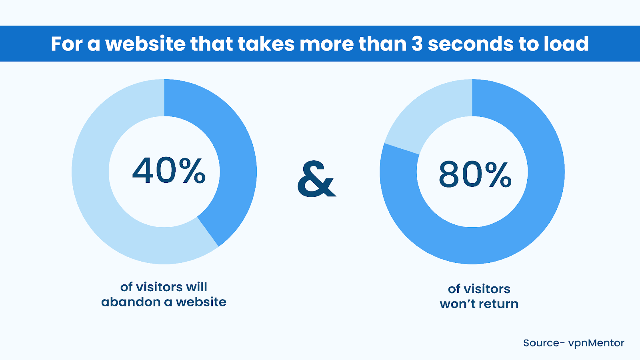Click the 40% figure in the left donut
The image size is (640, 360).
168,170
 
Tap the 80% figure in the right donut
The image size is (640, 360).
475,174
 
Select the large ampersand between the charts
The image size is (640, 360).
316,179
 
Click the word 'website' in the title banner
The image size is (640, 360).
145,44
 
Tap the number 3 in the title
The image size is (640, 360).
417,44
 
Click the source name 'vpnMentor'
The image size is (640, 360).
596,343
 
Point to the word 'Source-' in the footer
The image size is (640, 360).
544,343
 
